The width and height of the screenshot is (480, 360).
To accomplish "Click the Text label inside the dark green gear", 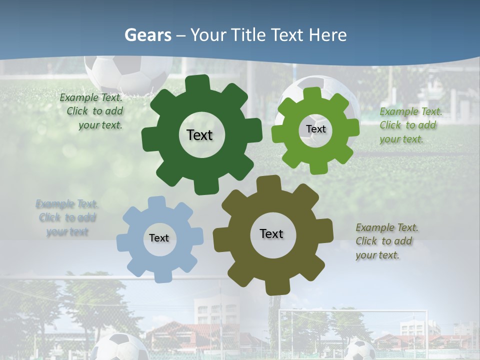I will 199,135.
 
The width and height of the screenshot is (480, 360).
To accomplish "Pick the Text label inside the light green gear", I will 315,129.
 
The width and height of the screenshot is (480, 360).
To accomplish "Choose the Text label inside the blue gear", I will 159,238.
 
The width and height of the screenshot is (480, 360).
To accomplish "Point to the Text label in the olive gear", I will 271,233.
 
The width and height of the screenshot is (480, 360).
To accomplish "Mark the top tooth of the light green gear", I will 312,93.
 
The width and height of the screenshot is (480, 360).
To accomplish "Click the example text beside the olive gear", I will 386,241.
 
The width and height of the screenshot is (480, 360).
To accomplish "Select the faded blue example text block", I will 67,217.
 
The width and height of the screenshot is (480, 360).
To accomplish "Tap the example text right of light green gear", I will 410,125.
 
